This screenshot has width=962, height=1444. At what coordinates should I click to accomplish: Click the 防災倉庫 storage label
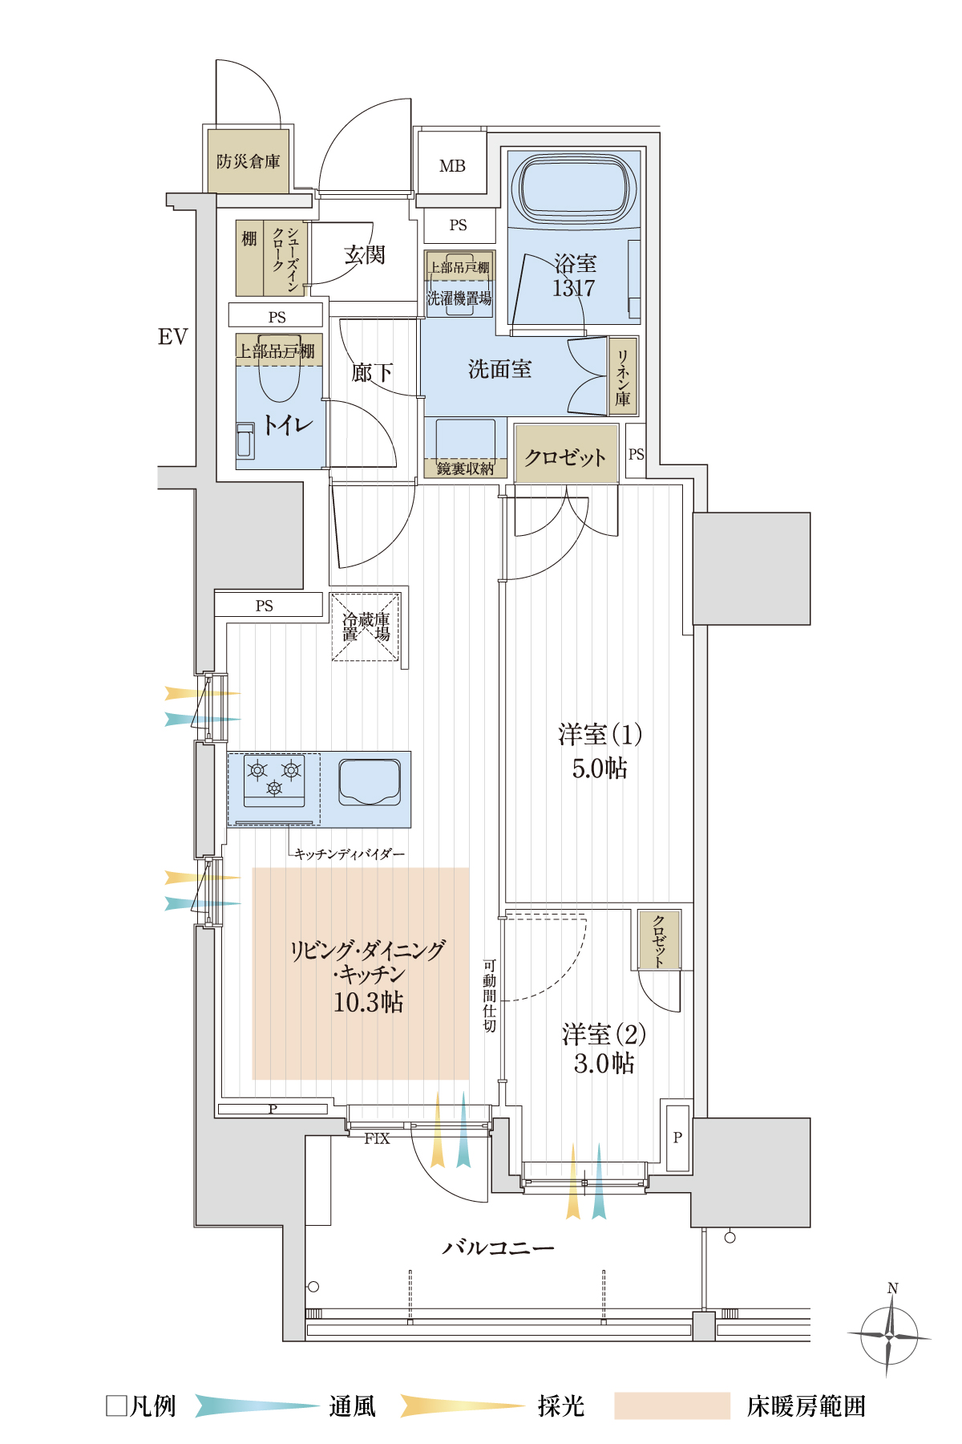pyautogui.click(x=249, y=161)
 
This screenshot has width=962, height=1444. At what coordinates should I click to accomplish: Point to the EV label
pyautogui.click(x=172, y=337)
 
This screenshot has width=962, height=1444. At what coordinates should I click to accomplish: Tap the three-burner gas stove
pyautogui.click(x=274, y=779)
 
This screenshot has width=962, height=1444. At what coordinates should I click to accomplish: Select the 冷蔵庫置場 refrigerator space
pyautogui.click(x=366, y=627)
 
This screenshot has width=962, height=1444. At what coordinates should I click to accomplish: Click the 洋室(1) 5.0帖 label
pyautogui.click(x=600, y=751)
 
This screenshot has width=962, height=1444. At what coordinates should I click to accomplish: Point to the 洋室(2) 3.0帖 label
pyautogui.click(x=604, y=1049)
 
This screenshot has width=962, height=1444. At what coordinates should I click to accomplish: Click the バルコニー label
pyautogui.click(x=498, y=1247)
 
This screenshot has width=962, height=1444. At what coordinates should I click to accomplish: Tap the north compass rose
pyautogui.click(x=890, y=1336)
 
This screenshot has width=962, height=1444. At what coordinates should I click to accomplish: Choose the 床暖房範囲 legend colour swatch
pyautogui.click(x=672, y=1405)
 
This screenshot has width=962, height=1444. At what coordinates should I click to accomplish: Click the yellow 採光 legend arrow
pyautogui.click(x=463, y=1405)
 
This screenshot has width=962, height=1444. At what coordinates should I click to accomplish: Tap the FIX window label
pyautogui.click(x=377, y=1138)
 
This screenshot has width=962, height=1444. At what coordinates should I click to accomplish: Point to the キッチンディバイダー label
pyautogui.click(x=350, y=854)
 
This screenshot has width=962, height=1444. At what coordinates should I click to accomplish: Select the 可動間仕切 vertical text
pyautogui.click(x=489, y=995)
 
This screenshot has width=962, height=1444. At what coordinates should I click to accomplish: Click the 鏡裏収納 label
pyautogui.click(x=465, y=468)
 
